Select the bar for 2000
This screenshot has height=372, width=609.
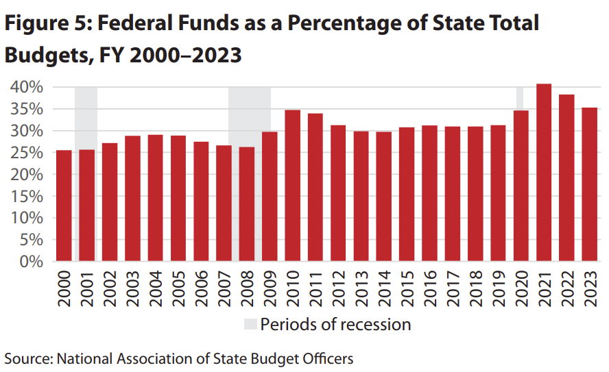(64, 206)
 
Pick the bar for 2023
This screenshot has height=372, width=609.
(590, 184)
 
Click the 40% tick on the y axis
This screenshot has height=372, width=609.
(27, 87)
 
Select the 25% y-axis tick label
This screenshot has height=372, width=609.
(27, 153)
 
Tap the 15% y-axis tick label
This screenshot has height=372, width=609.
(27, 197)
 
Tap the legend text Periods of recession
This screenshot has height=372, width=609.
(335, 324)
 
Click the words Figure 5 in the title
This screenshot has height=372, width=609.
(48, 24)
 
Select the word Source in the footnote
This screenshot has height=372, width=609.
(27, 358)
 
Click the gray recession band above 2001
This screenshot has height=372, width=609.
(86, 116)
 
